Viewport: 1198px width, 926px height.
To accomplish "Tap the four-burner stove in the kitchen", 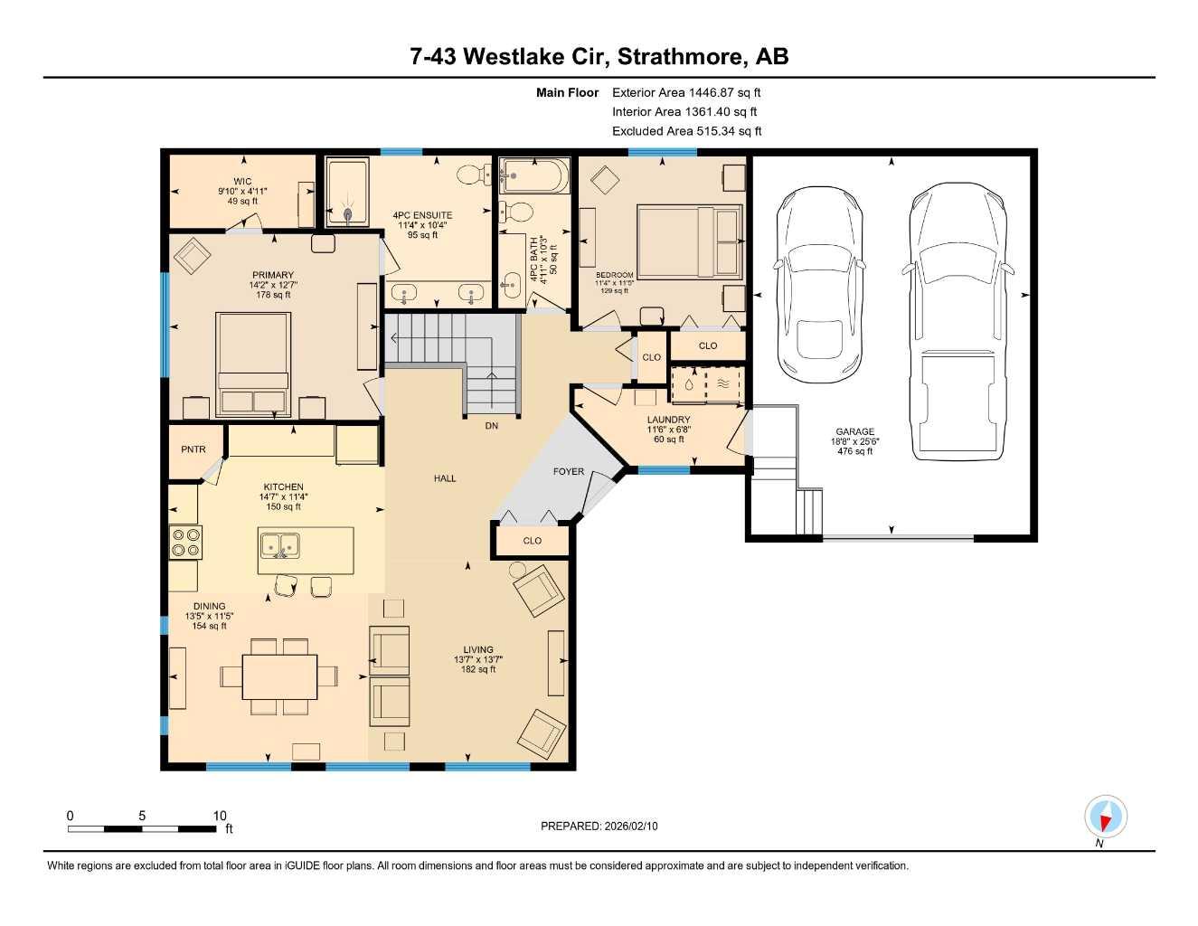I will [185, 543].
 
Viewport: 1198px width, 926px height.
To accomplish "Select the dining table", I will [279, 676].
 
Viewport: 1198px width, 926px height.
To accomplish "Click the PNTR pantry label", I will [193, 449].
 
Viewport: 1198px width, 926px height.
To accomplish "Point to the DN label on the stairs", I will [491, 426].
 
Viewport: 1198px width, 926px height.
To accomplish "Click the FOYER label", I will [569, 472].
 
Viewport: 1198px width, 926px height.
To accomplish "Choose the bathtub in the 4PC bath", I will [534, 175].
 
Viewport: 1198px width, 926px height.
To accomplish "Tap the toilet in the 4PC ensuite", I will [471, 174].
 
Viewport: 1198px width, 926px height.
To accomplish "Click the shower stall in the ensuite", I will [347, 193].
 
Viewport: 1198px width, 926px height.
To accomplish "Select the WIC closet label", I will [242, 182].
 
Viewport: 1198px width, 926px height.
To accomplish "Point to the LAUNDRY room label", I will [668, 420].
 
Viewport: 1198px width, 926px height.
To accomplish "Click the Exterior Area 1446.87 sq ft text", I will [686, 92].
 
